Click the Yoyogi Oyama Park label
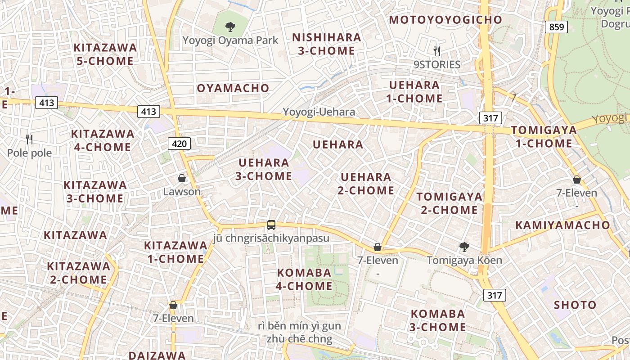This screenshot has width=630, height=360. (x=230, y=40)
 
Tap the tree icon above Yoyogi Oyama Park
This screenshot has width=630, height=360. (x=230, y=27)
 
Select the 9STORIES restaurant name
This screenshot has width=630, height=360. (x=436, y=65)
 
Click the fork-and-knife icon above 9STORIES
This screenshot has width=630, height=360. (x=436, y=51)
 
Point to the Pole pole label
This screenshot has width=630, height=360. (x=29, y=153)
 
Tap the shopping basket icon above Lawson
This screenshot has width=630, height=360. (x=182, y=179)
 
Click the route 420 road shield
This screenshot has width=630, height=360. (x=179, y=144)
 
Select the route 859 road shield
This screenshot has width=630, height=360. (x=556, y=27)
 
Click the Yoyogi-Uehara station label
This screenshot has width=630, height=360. (x=319, y=112)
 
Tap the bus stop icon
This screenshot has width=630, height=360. (x=271, y=225)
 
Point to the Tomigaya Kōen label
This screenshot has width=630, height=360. (x=464, y=260)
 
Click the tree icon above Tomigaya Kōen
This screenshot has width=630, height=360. (x=464, y=247)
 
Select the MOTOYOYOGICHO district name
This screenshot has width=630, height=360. (x=445, y=20)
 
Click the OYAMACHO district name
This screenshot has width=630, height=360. (x=233, y=88)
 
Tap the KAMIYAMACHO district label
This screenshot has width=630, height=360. (x=562, y=225)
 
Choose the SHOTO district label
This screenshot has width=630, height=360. (x=575, y=305)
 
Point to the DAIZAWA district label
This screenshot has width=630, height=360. (x=157, y=355)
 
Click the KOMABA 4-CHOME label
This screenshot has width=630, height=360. (x=305, y=279)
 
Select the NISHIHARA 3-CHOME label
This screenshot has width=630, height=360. (x=326, y=44)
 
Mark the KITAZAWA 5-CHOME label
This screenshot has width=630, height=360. (x=105, y=54)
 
